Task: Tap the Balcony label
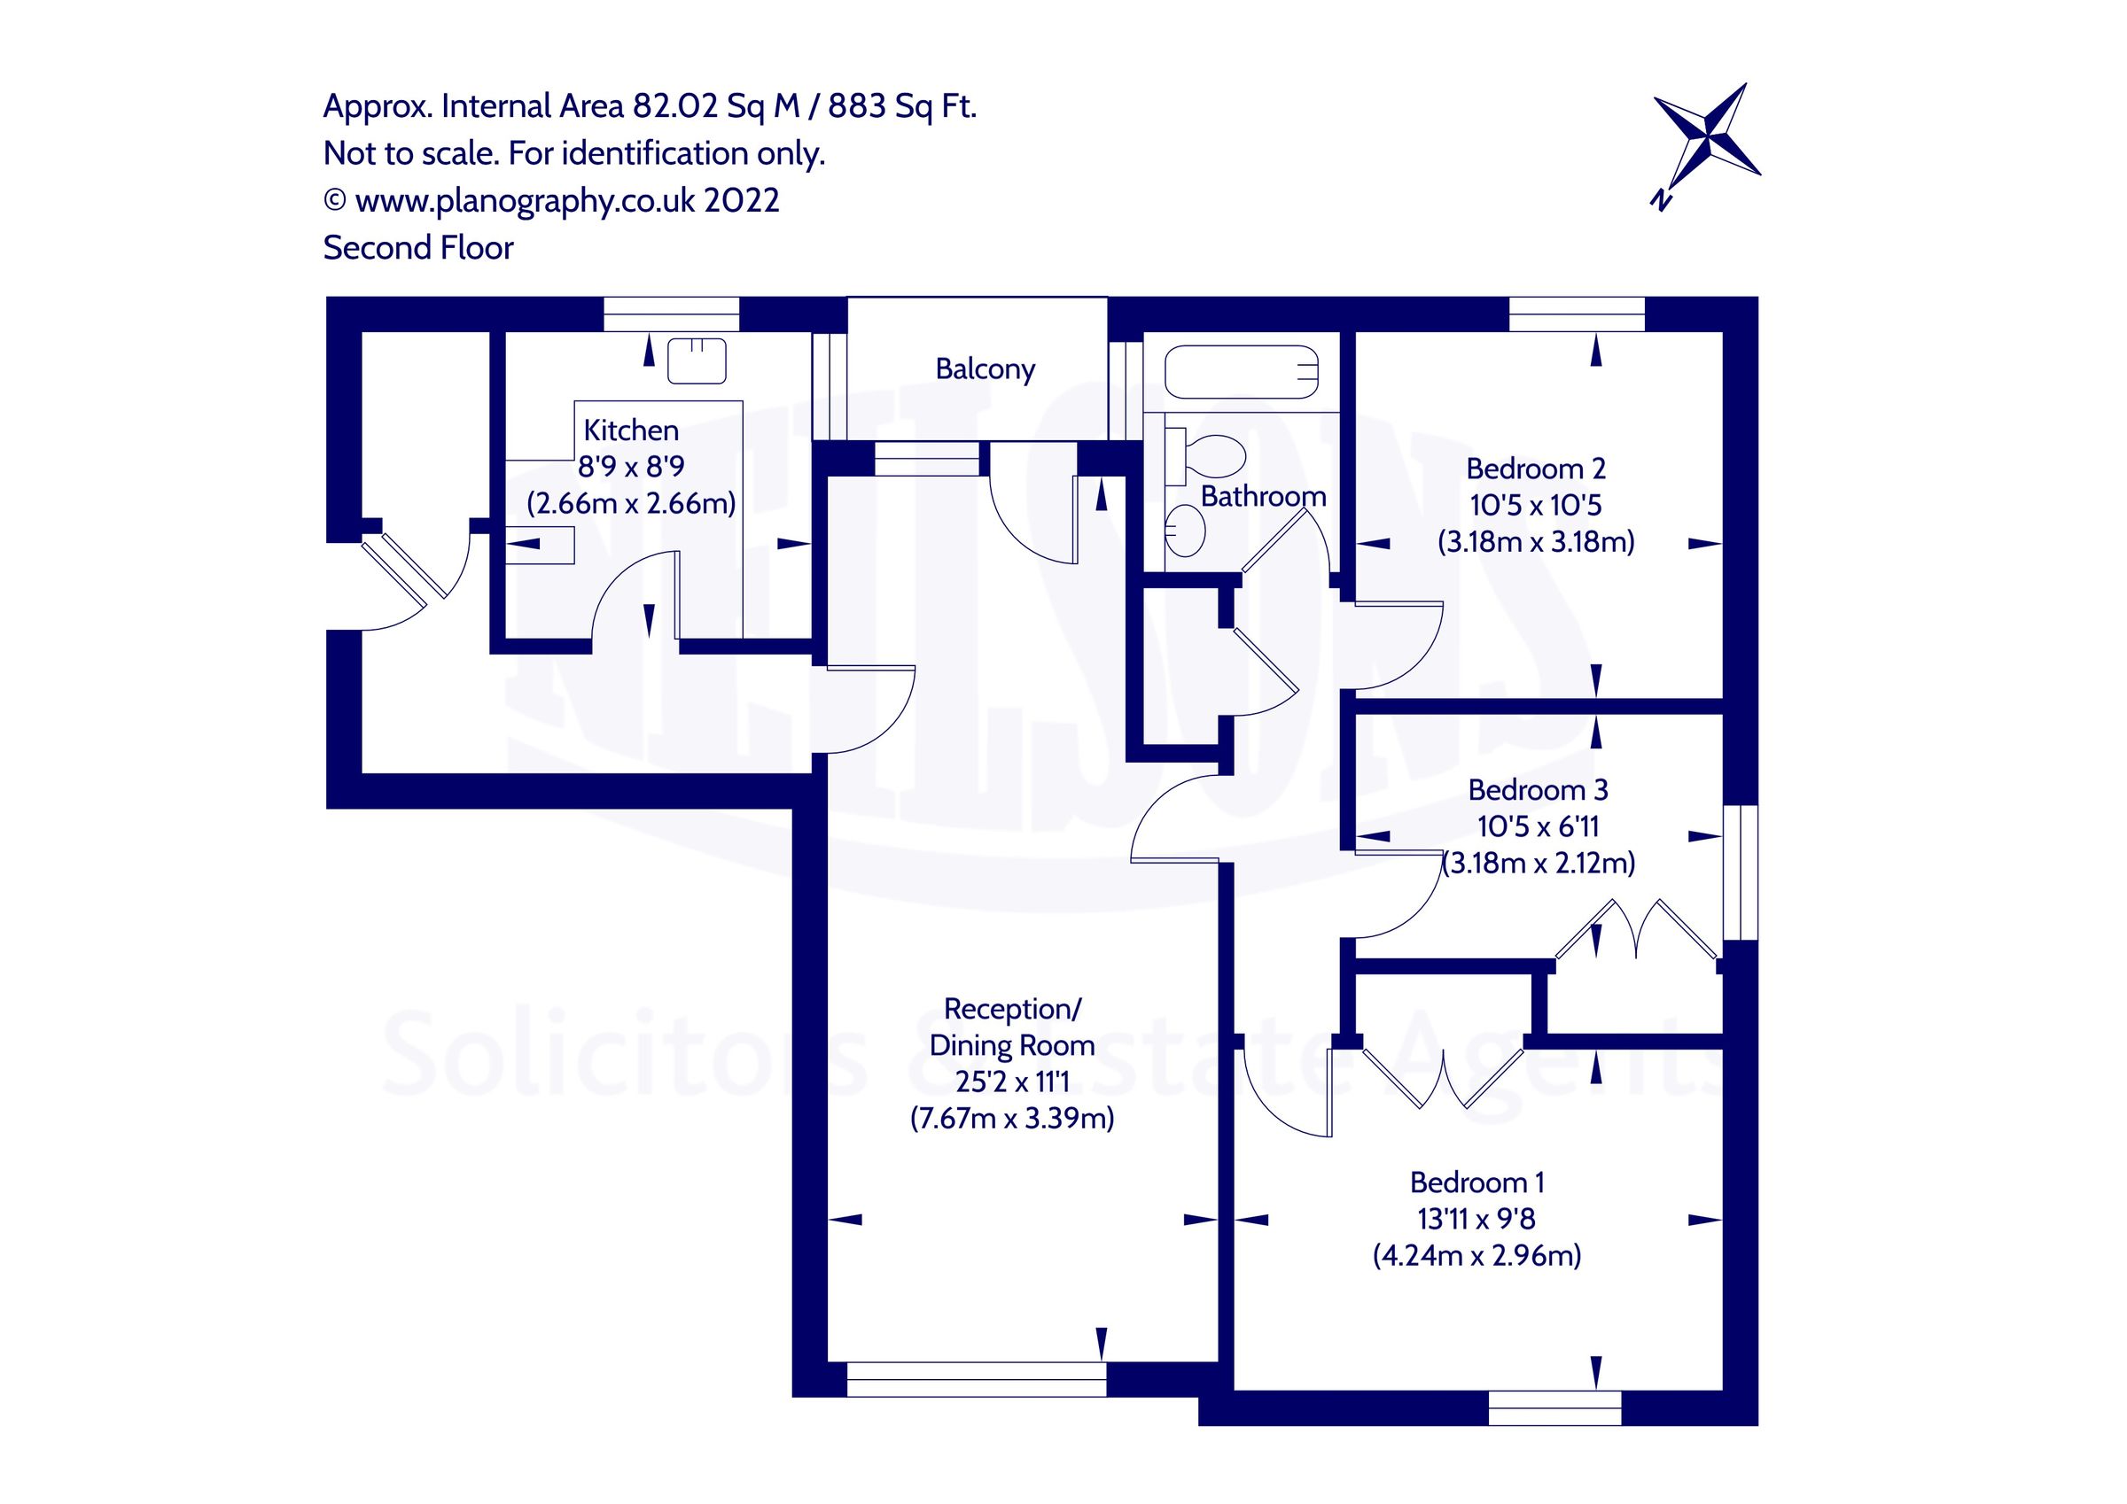click(x=985, y=369)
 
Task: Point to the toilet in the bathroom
click(x=1207, y=455)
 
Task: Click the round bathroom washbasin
click(x=1185, y=531)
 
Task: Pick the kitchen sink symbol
click(x=697, y=361)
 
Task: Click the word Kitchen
click(x=631, y=430)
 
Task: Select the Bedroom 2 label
click(x=1535, y=469)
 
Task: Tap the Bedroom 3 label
click(x=1538, y=790)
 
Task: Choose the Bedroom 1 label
click(x=1476, y=1182)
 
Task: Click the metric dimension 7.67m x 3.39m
click(x=1011, y=1119)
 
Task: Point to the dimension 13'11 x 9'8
click(x=1476, y=1219)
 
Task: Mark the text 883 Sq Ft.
click(x=901, y=107)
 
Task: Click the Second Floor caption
click(x=417, y=248)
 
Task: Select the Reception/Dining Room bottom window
click(x=977, y=1378)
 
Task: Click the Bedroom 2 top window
click(x=1577, y=314)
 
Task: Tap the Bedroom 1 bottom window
click(x=1554, y=1407)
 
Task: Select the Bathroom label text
click(x=1263, y=496)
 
